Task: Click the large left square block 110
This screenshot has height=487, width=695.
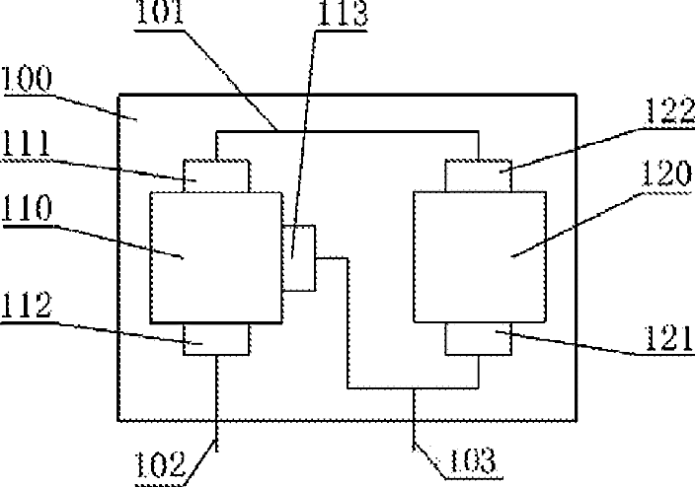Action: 214,257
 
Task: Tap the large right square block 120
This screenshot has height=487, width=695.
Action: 478,256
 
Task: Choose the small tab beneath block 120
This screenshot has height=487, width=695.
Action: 479,338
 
